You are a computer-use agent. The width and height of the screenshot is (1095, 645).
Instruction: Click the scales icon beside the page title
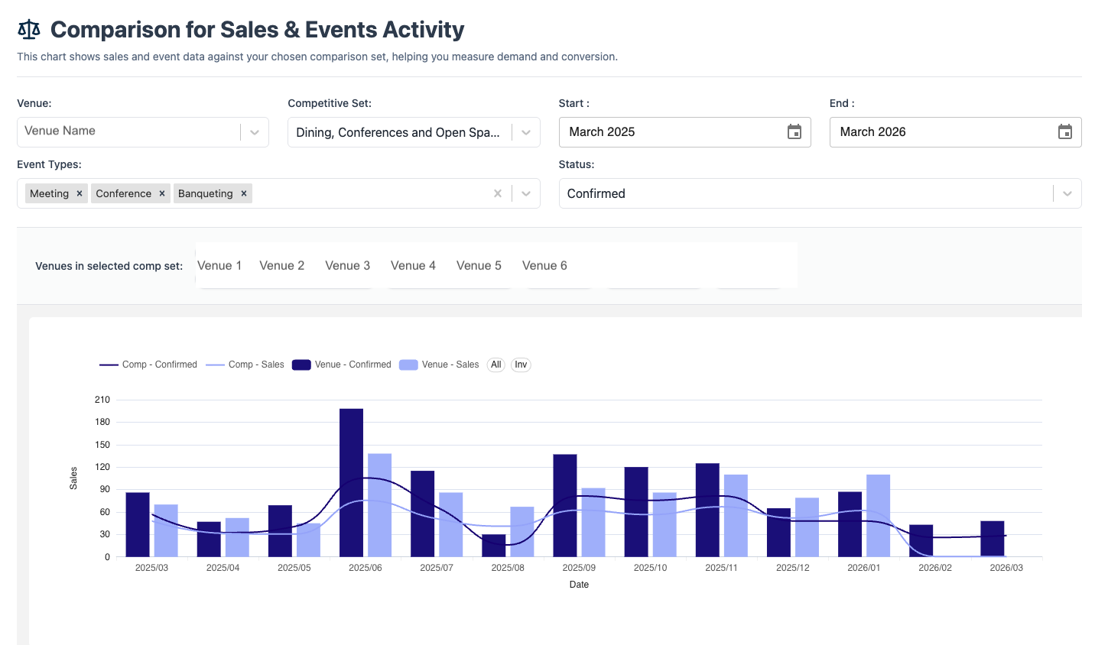[x=28, y=30]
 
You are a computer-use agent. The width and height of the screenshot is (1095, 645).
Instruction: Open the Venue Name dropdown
[x=254, y=132]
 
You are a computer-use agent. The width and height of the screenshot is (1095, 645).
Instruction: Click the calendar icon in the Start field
[x=794, y=132]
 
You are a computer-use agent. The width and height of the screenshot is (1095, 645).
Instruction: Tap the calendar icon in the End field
[x=1064, y=132]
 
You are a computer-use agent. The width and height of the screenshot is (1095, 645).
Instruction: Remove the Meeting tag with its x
[x=80, y=194]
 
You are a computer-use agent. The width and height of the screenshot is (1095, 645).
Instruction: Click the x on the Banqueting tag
[x=244, y=194]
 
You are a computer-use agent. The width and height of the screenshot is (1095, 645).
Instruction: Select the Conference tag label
[x=123, y=194]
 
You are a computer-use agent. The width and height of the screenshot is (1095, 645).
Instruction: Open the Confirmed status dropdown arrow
[x=1067, y=194]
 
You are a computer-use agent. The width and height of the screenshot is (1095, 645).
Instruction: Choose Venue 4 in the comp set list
[x=413, y=266]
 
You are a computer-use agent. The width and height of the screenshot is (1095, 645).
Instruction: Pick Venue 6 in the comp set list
[x=544, y=266]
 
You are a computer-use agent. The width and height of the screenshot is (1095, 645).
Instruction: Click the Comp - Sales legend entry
[x=245, y=365]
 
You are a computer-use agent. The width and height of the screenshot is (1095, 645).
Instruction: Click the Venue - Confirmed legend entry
[x=342, y=365]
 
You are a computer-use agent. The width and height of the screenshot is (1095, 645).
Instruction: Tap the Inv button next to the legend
[x=521, y=365]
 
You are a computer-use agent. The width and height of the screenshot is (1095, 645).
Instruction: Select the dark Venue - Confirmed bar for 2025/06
[x=352, y=483]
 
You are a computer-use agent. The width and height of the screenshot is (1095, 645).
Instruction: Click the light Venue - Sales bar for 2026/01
[x=878, y=516]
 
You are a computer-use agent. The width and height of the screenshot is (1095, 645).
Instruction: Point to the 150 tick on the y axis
[x=102, y=445]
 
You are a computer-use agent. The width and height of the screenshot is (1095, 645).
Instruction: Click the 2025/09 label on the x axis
[x=579, y=568]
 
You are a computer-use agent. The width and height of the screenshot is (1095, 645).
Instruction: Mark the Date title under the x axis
[x=579, y=585]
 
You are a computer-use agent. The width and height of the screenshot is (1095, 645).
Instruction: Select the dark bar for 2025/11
[x=707, y=510]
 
